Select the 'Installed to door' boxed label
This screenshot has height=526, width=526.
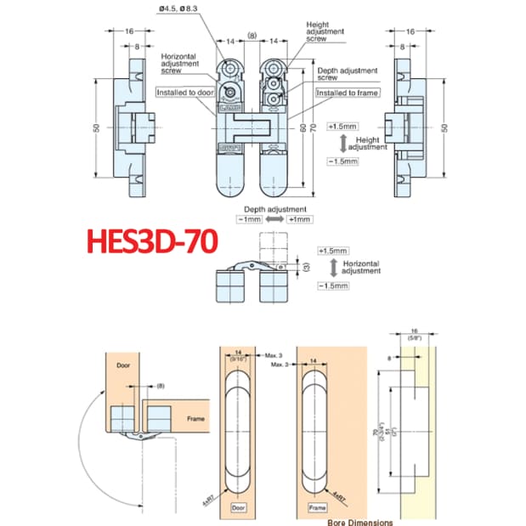pos(181,92)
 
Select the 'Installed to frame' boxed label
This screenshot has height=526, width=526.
pos(348,92)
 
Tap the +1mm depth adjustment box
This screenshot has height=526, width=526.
pos(301,220)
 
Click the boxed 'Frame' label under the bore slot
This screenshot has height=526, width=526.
pos(317,507)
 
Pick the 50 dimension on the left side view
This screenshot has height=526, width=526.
pos(98,127)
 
